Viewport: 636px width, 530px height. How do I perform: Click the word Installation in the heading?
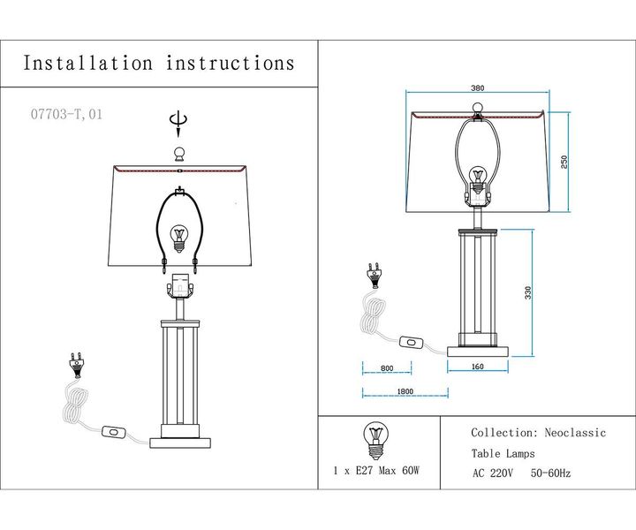[87, 63]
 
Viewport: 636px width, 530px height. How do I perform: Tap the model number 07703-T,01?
[65, 113]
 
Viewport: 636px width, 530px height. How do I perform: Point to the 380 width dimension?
[478, 88]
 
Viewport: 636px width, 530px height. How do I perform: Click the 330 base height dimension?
[528, 292]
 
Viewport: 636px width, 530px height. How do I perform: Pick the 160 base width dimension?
[478, 367]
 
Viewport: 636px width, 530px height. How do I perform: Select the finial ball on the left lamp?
[180, 154]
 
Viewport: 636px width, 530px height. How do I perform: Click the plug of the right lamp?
[375, 272]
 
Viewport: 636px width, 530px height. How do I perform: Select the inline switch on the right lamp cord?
[411, 340]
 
